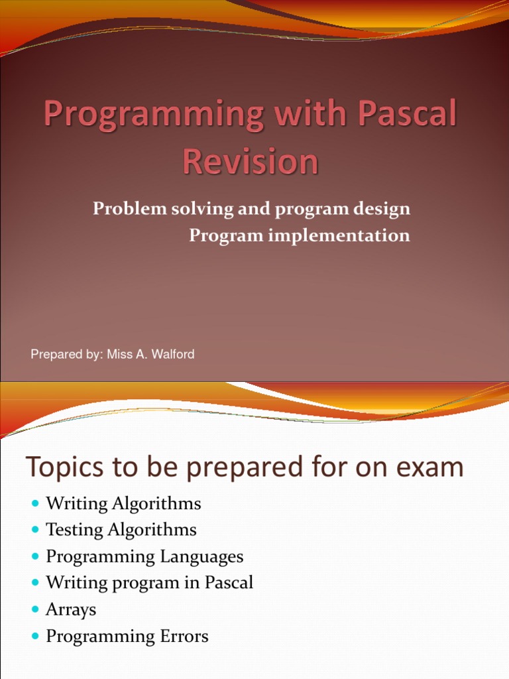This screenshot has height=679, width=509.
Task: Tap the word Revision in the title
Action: pos(251,162)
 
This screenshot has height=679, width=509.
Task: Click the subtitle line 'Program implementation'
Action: pos(300,235)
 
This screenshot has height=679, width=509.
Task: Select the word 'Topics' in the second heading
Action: pos(63,468)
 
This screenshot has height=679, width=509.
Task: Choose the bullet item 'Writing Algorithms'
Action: pos(123,504)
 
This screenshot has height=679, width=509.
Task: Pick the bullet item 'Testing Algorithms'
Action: pos(121,530)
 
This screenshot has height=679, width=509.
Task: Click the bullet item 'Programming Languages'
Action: pos(144,557)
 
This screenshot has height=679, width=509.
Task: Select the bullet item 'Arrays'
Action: pos(71,610)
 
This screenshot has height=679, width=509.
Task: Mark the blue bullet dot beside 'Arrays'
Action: pos(35,610)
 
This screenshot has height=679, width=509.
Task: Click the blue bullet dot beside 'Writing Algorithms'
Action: pos(35,504)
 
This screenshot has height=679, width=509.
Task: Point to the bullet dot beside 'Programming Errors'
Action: pos(35,637)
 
